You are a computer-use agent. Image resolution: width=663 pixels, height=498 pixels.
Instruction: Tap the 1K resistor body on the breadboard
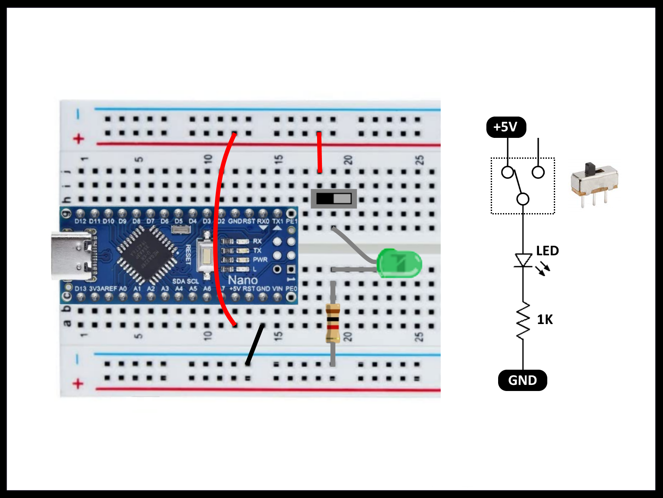pyautogui.click(x=333, y=323)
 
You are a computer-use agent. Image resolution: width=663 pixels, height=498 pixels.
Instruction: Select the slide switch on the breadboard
pyautogui.click(x=334, y=199)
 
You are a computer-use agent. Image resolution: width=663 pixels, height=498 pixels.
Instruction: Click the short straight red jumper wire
pyautogui.click(x=319, y=152)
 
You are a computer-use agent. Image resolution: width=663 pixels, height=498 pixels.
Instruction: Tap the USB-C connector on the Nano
pyautogui.click(x=72, y=256)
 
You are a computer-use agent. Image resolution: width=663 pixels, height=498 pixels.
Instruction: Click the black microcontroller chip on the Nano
pyautogui.click(x=146, y=254)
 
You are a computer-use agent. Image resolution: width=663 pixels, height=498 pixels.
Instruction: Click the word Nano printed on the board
pyautogui.click(x=243, y=280)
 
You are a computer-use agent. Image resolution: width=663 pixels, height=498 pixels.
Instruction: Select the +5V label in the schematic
pyautogui.click(x=506, y=127)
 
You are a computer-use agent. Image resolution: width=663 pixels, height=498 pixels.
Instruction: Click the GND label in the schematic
pyautogui.click(x=522, y=380)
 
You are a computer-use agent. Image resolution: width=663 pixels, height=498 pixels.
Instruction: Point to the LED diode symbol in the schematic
pyautogui.click(x=523, y=261)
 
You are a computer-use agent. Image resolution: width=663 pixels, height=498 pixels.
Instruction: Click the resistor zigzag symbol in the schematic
pyautogui.click(x=523, y=320)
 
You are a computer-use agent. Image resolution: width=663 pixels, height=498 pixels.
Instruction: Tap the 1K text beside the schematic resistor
pyautogui.click(x=545, y=320)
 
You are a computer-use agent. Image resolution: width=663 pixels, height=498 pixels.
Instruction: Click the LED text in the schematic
pyautogui.click(x=547, y=251)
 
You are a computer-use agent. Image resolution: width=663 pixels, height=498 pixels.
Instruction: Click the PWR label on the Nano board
pyautogui.click(x=260, y=260)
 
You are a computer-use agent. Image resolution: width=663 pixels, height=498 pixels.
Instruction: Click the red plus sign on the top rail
pyautogui.click(x=78, y=139)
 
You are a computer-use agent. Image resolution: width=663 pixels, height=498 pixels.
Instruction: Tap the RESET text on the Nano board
pyautogui.click(x=188, y=254)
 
